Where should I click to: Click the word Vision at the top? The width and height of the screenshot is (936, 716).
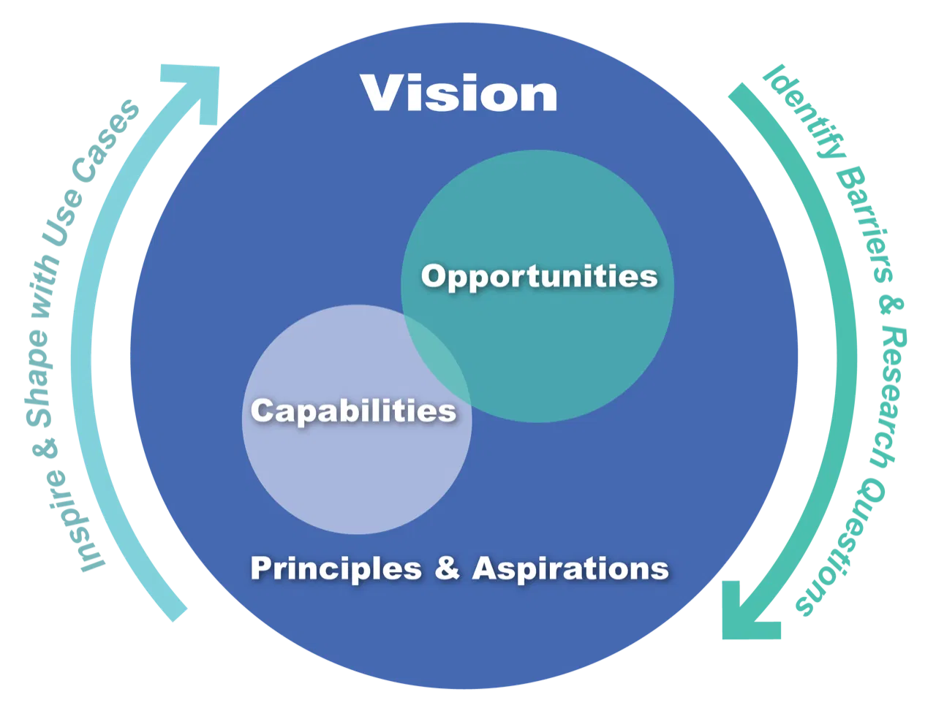coord(458,93)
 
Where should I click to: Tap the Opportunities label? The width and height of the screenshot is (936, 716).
coord(539,277)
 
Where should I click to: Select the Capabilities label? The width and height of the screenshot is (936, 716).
coord(353,410)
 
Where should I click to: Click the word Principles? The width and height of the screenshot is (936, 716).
coord(336,568)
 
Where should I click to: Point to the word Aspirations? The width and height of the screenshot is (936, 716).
coord(570,568)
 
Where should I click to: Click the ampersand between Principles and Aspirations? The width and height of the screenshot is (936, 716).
coord(447,568)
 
